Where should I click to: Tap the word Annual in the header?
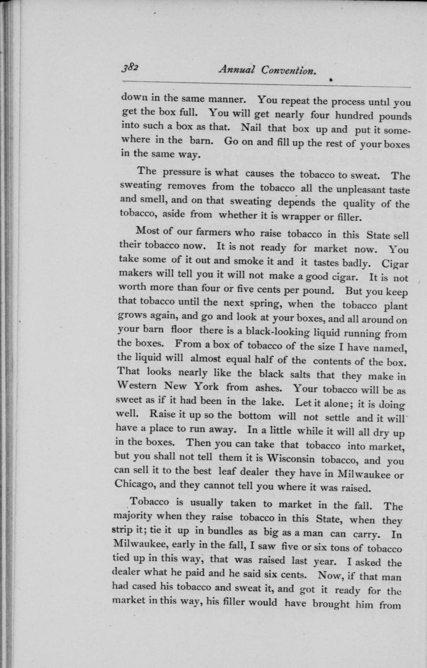point(237,69)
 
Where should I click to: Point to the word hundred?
point(348,116)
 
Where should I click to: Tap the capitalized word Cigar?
point(396,264)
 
